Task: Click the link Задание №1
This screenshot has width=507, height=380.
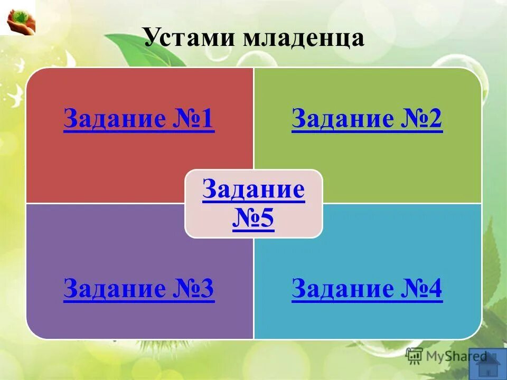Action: pos(139,120)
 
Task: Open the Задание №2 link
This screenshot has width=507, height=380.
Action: pos(367,120)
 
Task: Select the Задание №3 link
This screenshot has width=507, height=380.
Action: pos(139,289)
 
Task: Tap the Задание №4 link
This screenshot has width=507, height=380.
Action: pos(367,289)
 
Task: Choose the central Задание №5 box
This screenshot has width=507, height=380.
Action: pos(253,203)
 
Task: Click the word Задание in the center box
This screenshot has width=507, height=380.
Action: pos(253,189)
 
